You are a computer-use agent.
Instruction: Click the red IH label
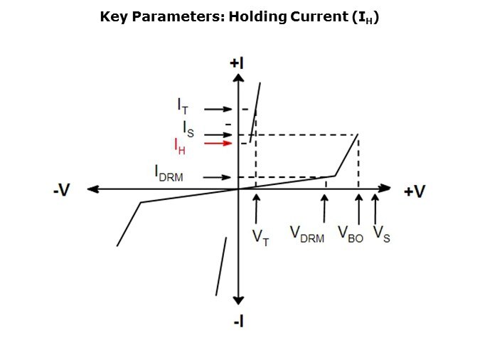click(180, 147)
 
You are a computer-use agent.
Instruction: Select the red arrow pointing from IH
click(218, 144)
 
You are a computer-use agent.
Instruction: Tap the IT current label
click(183, 106)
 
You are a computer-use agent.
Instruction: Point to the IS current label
click(188, 129)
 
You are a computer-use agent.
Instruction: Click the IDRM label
click(169, 174)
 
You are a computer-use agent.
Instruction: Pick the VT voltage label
click(260, 238)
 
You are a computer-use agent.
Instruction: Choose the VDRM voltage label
click(307, 234)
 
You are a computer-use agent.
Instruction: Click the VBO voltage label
click(351, 234)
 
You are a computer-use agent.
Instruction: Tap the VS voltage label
click(382, 234)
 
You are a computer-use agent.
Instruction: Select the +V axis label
click(415, 191)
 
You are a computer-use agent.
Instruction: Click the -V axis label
click(62, 190)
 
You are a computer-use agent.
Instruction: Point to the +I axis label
click(237, 63)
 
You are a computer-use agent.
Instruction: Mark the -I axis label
click(239, 322)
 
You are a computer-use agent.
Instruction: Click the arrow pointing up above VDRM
click(324, 208)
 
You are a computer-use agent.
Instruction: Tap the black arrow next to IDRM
click(217, 177)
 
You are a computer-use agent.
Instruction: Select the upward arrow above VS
click(375, 209)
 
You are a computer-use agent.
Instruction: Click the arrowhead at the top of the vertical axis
click(238, 78)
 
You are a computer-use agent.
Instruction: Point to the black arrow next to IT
click(218, 109)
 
